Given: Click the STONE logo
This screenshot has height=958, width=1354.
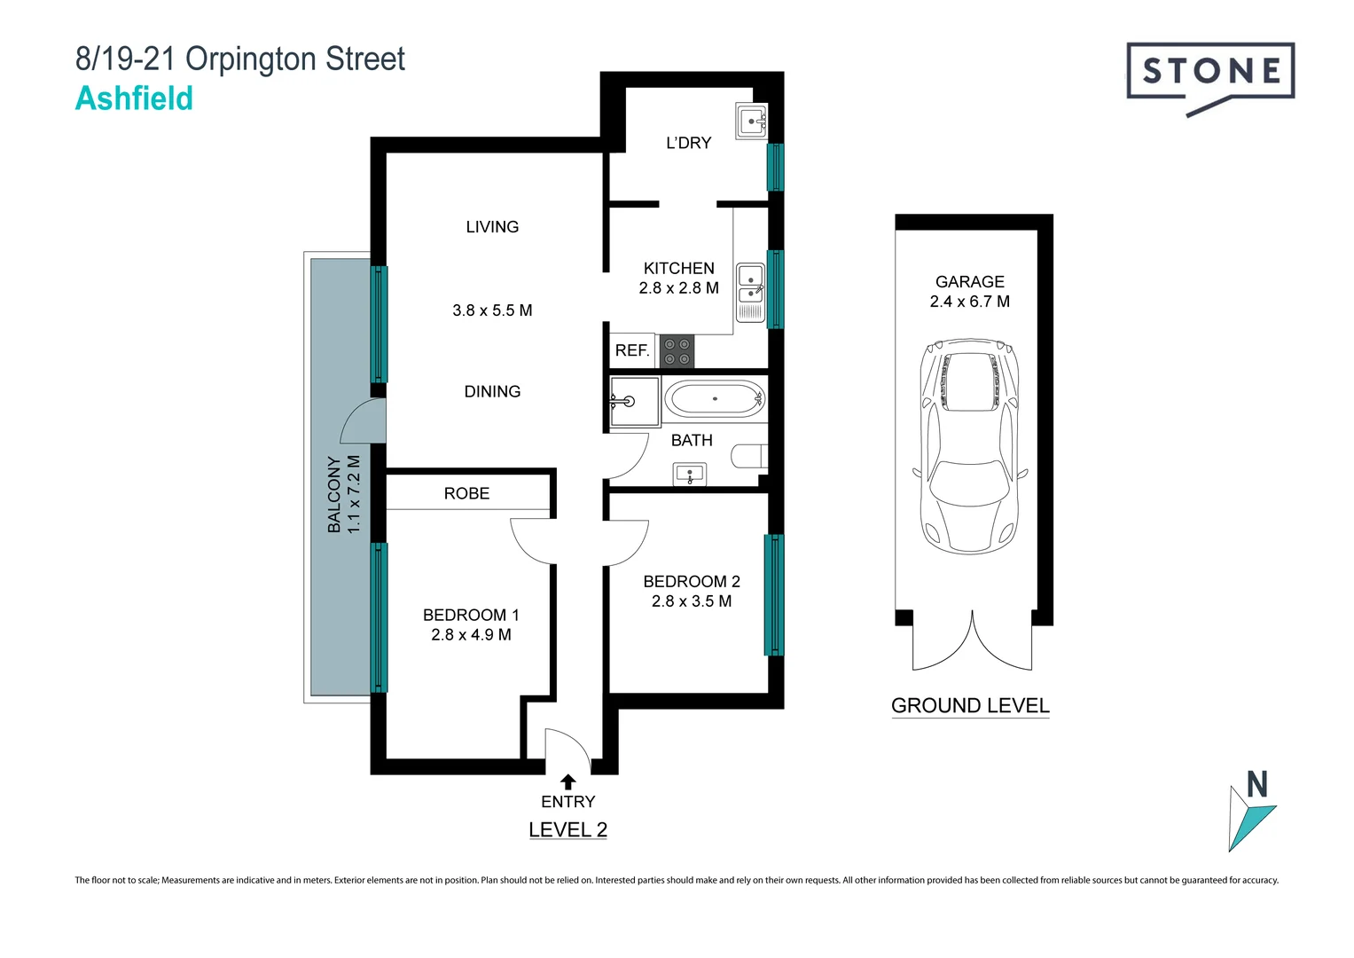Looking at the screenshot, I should point(1209,72).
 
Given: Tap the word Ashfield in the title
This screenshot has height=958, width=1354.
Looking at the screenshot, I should point(134,98).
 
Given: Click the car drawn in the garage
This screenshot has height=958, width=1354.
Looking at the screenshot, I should point(970,445).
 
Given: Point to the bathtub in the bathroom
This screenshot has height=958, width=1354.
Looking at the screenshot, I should point(715,399).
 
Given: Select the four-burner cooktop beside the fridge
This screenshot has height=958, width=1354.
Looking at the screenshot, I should point(677,351).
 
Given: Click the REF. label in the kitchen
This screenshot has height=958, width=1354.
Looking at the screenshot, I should point(632,350).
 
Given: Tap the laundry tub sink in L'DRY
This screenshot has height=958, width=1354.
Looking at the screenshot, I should point(751,120).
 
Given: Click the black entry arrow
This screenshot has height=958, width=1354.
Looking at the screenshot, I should point(568,781).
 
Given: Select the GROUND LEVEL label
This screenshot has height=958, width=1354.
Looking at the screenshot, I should point(970,705).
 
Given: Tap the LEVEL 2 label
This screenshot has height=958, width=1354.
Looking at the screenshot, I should point(567,829).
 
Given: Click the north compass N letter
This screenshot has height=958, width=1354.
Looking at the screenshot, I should point(1256,785).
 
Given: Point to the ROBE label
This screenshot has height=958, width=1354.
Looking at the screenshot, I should point(466,493).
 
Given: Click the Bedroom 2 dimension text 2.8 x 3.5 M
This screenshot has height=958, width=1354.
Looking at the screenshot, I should point(692,601).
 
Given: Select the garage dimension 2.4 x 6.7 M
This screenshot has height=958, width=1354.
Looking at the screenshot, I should point(969,302).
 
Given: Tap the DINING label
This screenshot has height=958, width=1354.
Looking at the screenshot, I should point(492,391).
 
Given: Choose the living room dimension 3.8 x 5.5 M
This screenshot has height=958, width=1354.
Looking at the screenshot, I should point(492,310).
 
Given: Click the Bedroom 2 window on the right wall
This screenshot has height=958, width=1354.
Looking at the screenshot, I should point(774,594).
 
